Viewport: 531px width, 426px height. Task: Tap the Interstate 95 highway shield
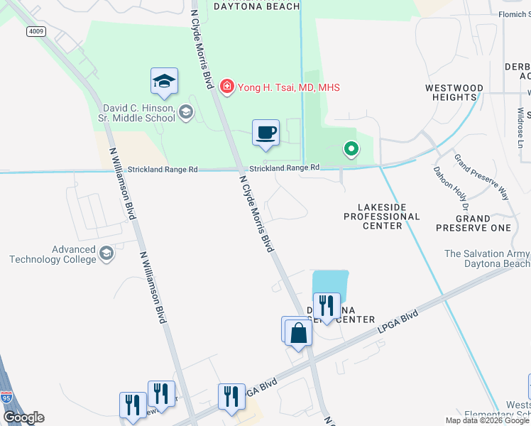6,398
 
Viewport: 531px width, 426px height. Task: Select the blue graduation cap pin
164,82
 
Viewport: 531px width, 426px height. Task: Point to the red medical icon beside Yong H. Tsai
227,87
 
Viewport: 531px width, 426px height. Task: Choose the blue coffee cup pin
266,133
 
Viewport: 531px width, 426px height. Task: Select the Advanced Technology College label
53,254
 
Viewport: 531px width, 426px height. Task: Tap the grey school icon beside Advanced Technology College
106,254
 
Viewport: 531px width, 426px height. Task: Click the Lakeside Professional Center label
382,216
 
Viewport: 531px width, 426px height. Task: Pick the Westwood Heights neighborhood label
454,92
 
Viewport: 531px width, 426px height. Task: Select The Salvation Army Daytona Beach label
487,258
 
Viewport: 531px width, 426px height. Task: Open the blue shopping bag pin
299,332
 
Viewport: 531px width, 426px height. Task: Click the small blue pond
332,282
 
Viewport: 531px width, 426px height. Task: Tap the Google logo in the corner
23,417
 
